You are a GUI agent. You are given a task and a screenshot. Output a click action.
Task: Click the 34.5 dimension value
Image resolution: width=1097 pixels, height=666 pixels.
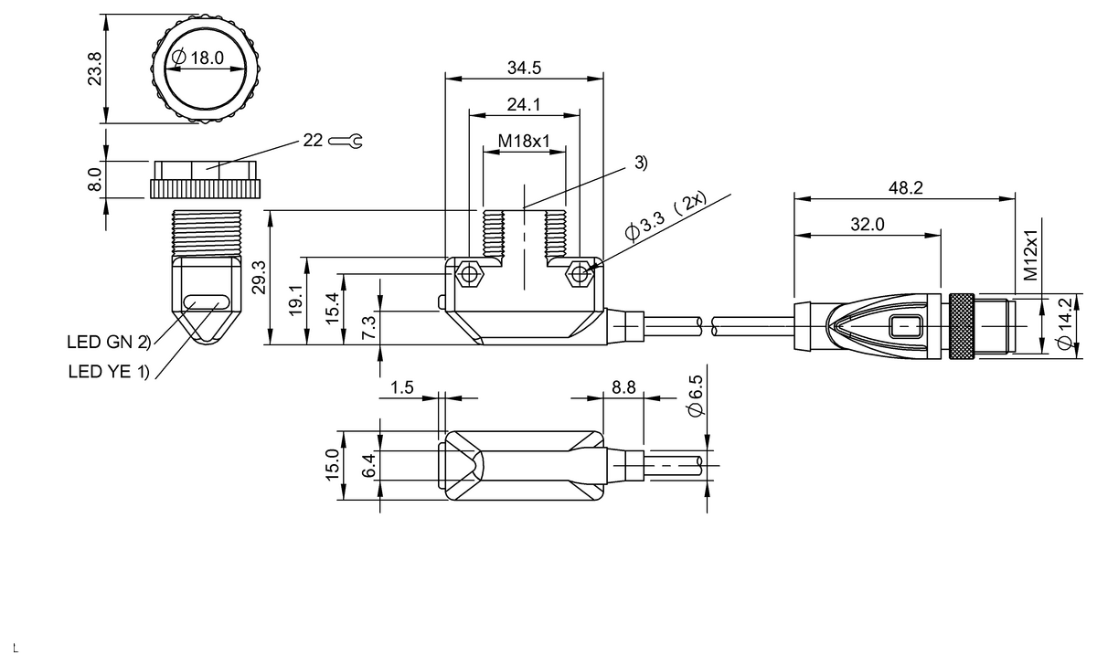coord(524,68)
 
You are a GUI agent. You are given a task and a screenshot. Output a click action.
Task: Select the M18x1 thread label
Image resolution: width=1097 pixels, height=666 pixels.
coord(524,142)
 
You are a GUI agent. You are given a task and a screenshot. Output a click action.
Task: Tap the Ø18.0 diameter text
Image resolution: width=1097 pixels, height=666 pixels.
coord(198,58)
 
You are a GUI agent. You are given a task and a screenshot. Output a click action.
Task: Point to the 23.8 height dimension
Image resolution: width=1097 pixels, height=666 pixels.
coord(94,69)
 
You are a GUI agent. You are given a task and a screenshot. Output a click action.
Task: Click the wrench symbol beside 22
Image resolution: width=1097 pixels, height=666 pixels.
coord(346,142)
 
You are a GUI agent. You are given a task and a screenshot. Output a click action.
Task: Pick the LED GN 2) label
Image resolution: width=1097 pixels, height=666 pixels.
coord(109,342)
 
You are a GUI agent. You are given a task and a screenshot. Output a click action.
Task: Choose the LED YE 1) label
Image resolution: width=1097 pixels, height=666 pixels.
coord(109,372)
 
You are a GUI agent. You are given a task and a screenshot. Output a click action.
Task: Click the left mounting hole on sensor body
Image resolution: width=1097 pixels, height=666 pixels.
coord(469,273)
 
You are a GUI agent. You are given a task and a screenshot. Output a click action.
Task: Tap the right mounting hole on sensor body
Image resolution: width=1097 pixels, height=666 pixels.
coord(580,273)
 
